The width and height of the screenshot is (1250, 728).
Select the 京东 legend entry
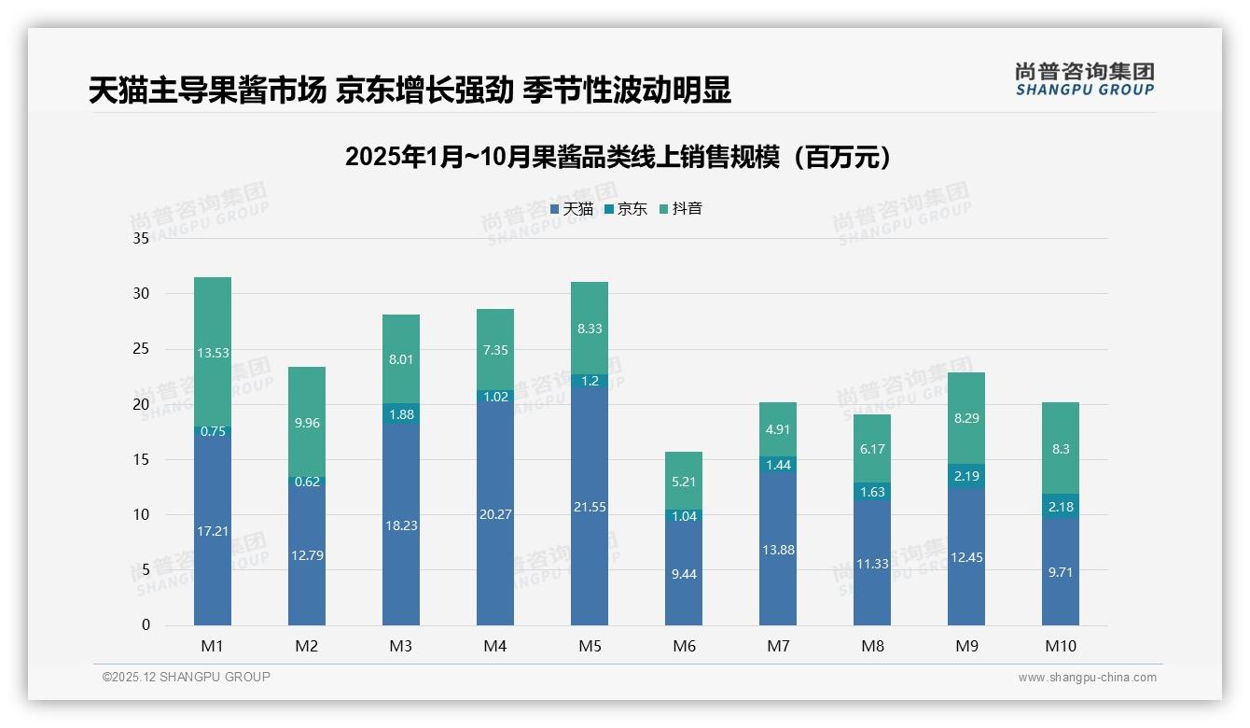625,209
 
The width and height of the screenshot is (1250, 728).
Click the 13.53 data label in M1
213,353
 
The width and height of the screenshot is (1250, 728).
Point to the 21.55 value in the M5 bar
590,507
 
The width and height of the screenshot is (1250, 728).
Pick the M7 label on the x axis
778,646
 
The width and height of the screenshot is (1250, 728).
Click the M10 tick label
1061,646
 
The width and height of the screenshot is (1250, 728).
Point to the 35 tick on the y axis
141,238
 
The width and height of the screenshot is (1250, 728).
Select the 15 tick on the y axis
141,459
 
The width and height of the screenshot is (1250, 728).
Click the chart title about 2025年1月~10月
618,157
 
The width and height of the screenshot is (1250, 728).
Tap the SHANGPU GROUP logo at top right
1084,79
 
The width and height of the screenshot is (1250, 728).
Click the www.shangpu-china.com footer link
1087,678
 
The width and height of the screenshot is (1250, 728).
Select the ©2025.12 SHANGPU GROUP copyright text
187,677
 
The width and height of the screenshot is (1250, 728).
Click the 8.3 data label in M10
1061,449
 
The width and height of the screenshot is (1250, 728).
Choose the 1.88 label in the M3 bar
401,415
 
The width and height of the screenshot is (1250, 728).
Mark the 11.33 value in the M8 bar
872,564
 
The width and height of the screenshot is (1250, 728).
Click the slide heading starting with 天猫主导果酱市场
410,90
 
